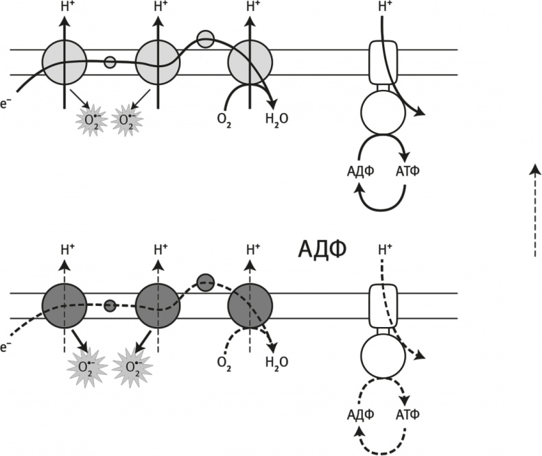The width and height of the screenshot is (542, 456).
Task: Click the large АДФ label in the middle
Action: click(x=322, y=249)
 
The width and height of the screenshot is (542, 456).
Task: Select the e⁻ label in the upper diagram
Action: click(x=5, y=106)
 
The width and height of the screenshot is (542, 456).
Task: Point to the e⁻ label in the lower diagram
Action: click(x=5, y=348)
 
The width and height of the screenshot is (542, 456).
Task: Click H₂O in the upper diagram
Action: click(x=276, y=119)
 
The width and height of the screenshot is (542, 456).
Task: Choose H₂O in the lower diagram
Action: click(x=276, y=361)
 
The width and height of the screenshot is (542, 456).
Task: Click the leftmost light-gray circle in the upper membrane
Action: click(x=65, y=62)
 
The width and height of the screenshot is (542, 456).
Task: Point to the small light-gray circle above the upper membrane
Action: click(x=205, y=39)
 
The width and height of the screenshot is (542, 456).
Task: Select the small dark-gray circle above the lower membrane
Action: click(x=205, y=281)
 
